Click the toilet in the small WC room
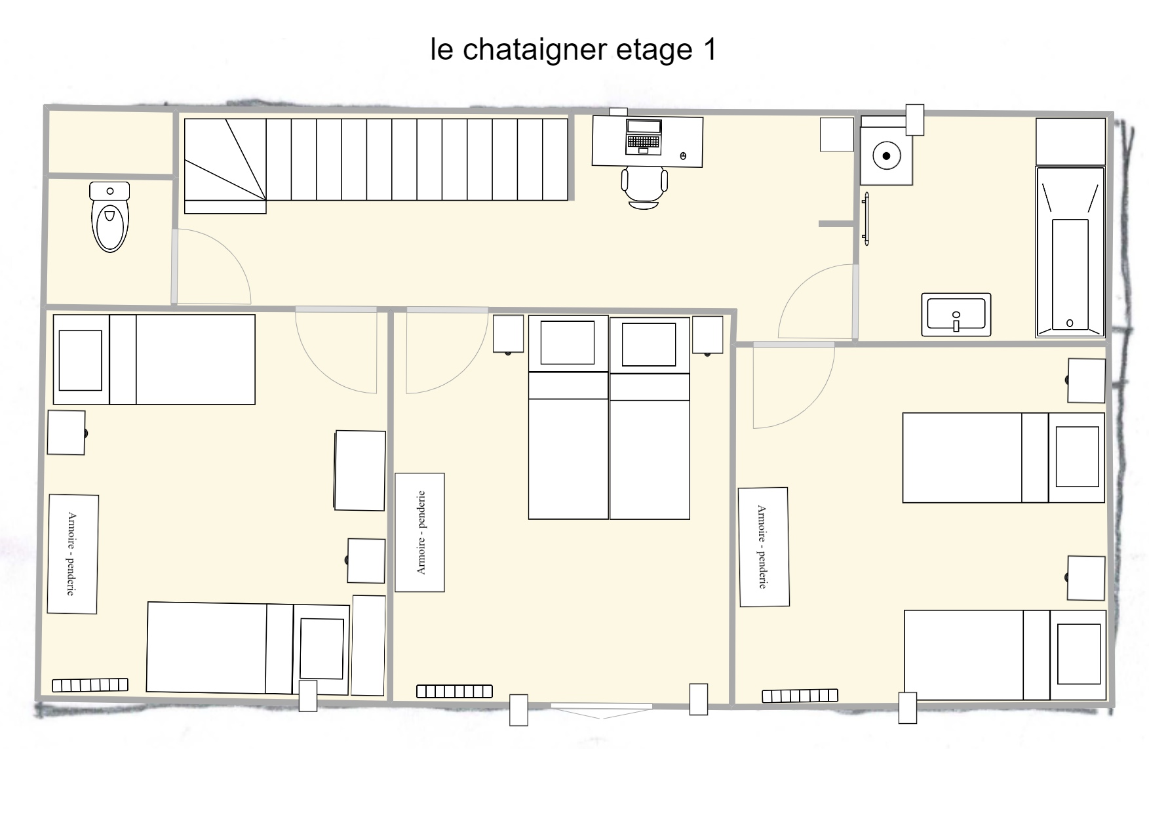point(109,217)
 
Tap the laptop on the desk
point(643,137)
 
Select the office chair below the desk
point(645,188)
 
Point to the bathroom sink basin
point(956,315)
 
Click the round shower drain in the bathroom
point(886,156)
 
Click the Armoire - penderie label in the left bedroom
point(71,554)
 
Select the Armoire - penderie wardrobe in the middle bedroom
point(420,532)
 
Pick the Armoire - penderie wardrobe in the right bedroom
point(764,547)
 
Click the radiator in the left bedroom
point(90,685)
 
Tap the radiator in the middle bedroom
point(454,691)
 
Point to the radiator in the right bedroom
point(800,696)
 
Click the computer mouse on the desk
point(683,156)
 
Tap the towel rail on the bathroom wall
point(867,219)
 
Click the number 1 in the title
point(709,50)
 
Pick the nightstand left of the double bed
point(509,334)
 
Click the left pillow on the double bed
point(568,343)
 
